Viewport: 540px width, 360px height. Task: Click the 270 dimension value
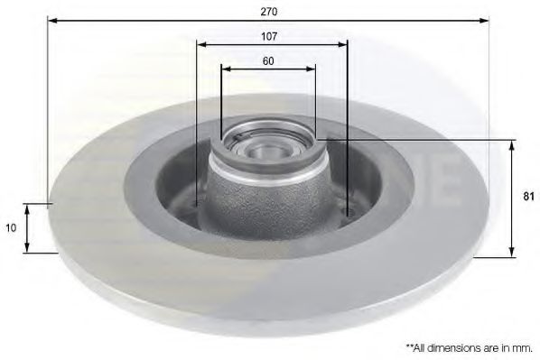click(x=268, y=12)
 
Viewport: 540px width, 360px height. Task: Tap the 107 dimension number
click(x=268, y=36)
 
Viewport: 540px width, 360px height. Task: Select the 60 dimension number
click(x=268, y=61)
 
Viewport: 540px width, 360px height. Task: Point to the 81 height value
click(x=528, y=197)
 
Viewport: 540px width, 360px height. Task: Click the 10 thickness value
click(x=11, y=227)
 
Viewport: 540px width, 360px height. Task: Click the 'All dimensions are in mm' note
click(x=470, y=348)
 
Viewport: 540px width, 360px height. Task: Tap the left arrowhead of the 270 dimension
click(x=52, y=21)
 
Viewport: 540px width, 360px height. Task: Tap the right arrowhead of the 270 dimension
click(x=484, y=21)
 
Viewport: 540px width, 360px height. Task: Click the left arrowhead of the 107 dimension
click(x=201, y=44)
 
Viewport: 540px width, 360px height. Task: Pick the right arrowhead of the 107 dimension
click(x=342, y=44)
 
